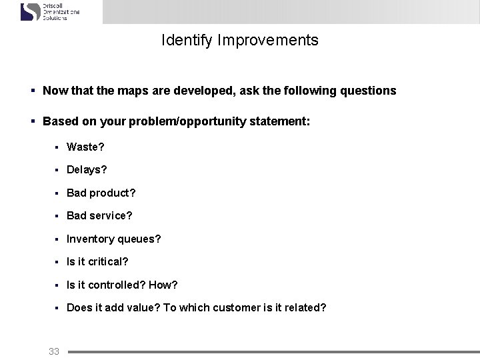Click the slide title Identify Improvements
[240, 40]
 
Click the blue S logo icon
[31, 12]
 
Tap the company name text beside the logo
[61, 12]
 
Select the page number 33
[55, 351]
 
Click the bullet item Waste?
[85, 146]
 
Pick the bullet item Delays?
[87, 169]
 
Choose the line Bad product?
[101, 193]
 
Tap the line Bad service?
[99, 215]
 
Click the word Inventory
[90, 239]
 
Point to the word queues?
[139, 239]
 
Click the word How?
[163, 285]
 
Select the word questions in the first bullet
[371, 90]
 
